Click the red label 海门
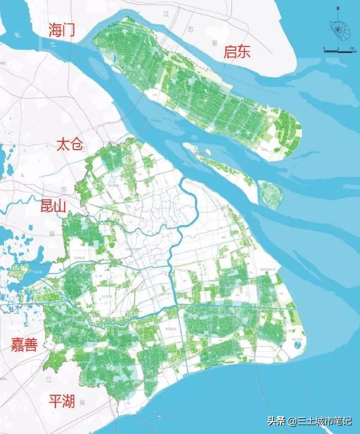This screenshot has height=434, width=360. [62, 30]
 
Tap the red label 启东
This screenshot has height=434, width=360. [237, 52]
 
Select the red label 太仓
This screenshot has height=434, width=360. [69, 146]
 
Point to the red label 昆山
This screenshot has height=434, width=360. [53, 207]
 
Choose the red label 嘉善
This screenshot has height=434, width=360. [25, 345]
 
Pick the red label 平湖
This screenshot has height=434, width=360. [61, 401]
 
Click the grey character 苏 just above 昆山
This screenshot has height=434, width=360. [64, 189]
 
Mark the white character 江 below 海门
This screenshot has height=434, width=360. [54, 44]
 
